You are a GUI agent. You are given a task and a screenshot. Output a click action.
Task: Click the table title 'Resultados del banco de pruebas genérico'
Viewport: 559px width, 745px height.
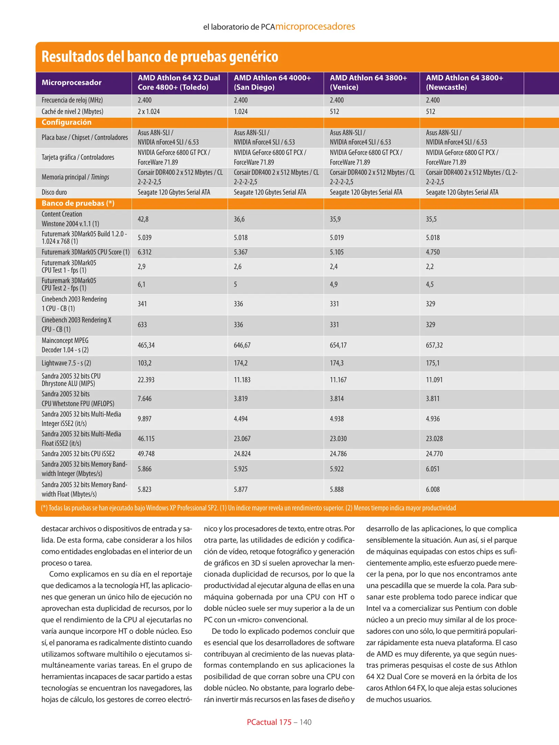point(160,57)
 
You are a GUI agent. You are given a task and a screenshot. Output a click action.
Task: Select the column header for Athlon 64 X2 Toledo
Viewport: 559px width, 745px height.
point(179,82)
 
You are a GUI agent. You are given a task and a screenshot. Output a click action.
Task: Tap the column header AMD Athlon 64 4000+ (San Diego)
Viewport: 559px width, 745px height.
point(272,82)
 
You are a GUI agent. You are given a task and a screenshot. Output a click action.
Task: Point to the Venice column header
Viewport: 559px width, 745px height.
point(368,82)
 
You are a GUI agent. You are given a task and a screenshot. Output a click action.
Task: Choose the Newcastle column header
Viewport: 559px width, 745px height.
point(464,82)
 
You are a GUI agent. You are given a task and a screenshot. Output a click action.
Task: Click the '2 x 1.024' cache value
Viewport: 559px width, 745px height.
point(149,112)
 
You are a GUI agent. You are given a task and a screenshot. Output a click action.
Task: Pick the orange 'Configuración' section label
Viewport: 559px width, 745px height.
point(67,122)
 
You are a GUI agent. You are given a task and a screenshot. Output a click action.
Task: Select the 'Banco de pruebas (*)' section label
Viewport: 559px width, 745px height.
point(78,203)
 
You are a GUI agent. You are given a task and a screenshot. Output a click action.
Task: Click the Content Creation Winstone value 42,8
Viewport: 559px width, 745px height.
point(143,219)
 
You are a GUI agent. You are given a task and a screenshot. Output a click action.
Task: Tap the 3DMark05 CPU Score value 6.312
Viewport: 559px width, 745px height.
point(144,252)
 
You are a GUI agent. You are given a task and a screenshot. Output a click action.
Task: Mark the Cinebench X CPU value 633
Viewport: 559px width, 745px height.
point(142,325)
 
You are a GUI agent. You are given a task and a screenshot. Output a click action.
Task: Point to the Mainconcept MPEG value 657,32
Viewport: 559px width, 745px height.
point(434,345)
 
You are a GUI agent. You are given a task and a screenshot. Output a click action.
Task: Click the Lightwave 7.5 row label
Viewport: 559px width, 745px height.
point(66,363)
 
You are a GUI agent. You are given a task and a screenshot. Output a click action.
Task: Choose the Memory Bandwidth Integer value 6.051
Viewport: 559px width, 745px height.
point(433,469)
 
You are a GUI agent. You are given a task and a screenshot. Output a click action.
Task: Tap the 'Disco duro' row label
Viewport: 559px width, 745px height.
point(54,192)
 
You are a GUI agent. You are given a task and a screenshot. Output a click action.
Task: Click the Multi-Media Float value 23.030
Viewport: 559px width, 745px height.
point(338,439)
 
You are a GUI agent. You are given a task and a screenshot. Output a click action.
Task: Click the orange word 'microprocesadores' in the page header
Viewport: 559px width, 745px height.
point(315,27)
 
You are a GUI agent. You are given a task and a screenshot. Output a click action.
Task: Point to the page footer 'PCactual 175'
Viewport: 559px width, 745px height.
point(269,722)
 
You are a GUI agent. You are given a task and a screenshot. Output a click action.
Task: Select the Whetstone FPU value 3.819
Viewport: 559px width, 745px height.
point(241,399)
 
